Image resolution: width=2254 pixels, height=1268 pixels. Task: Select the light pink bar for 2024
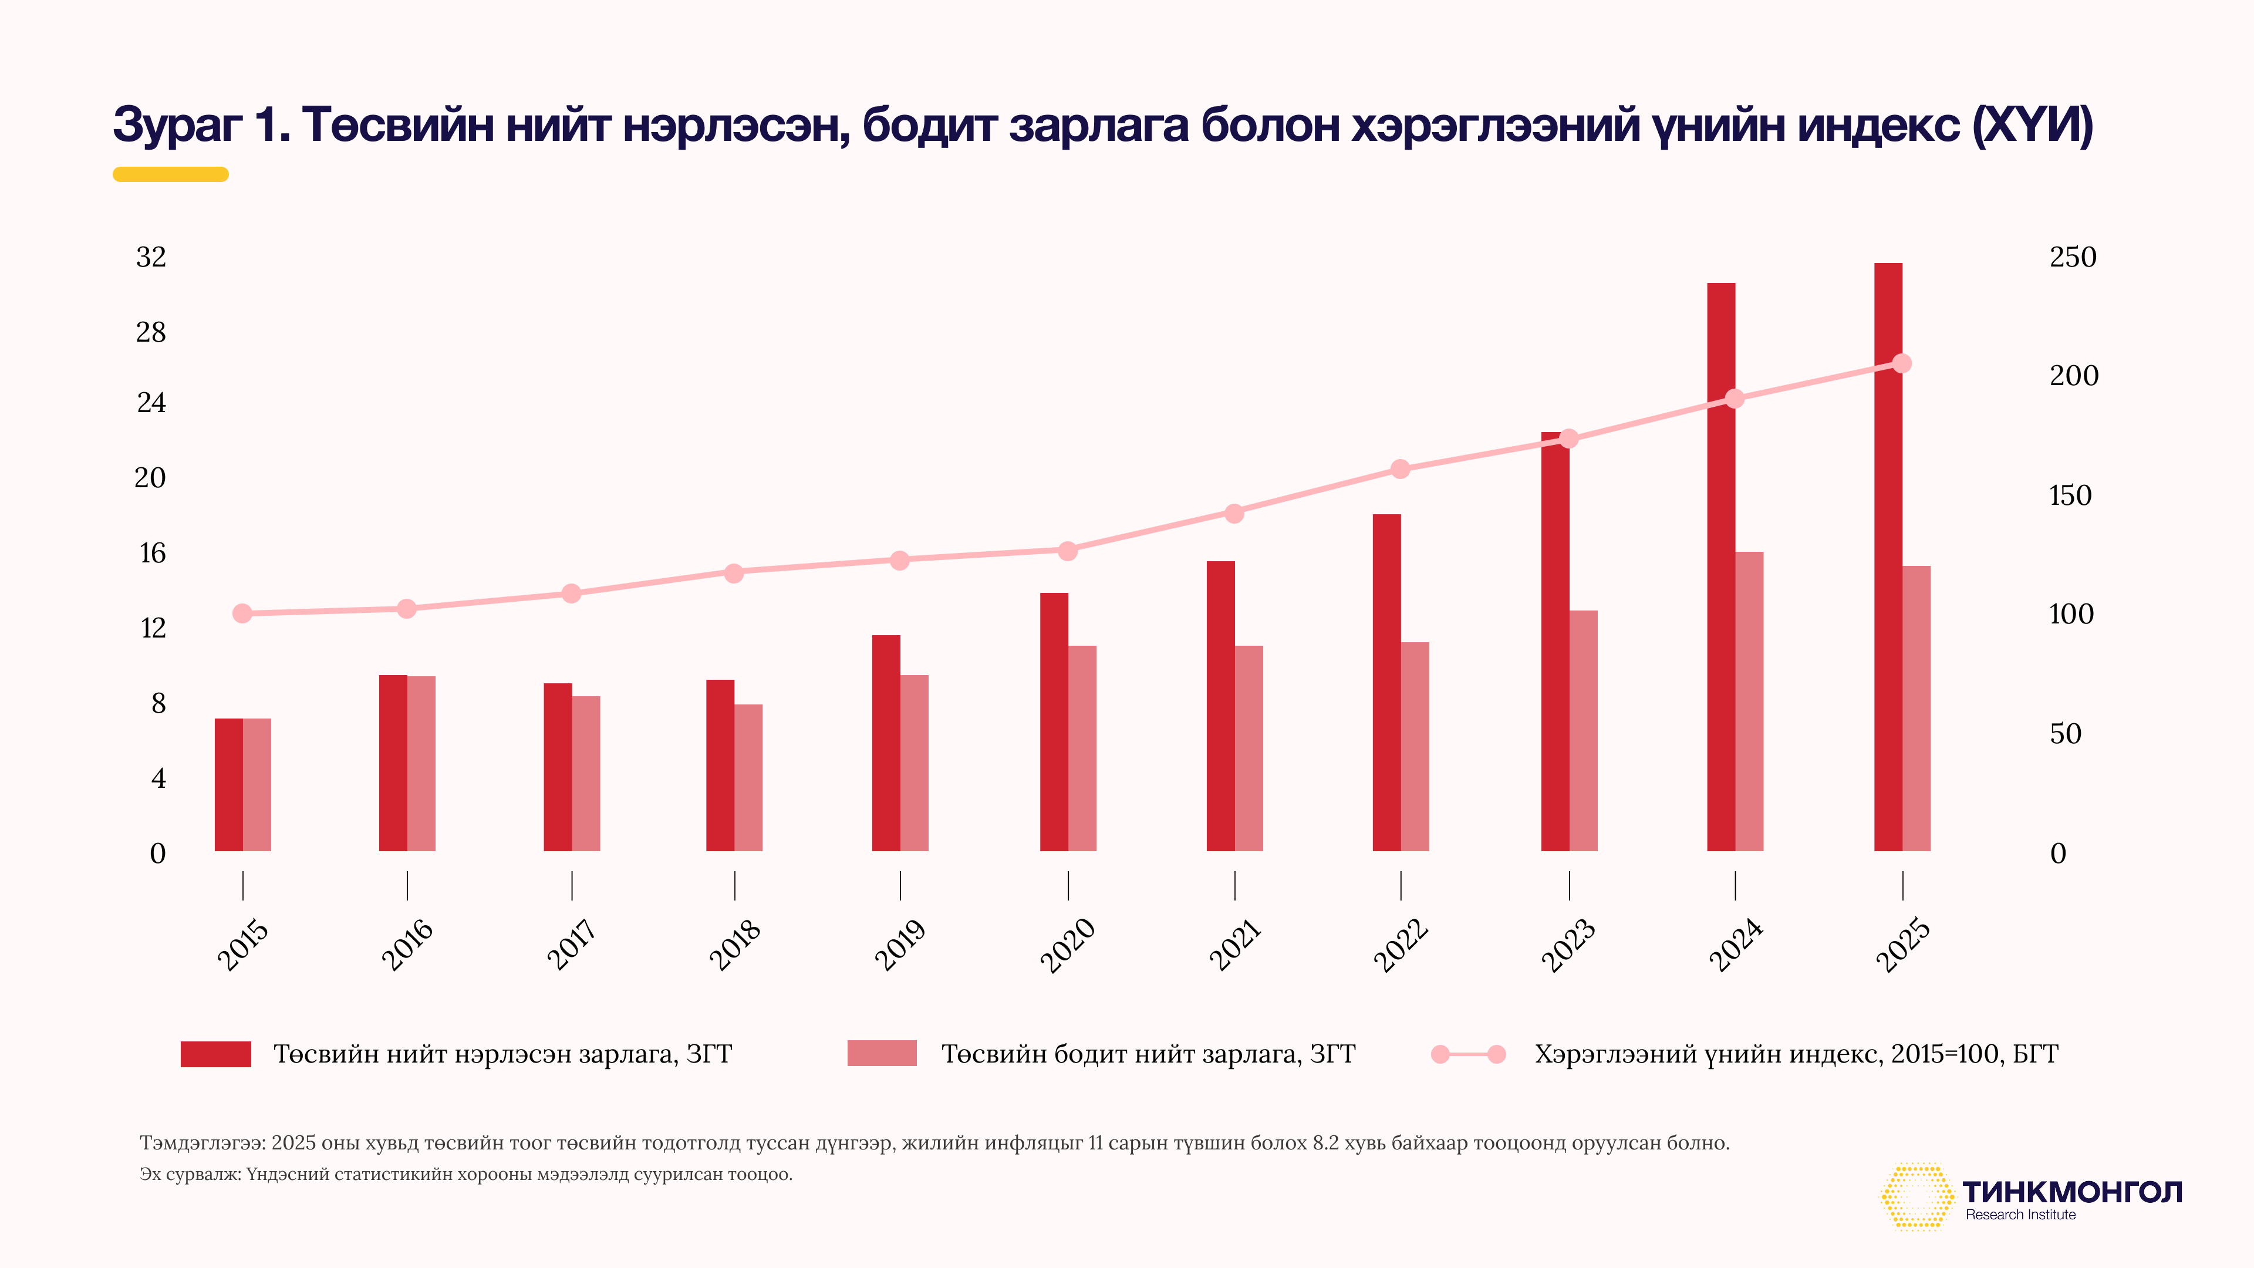pos(1749,701)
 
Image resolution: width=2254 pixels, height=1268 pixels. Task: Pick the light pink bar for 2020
pos(1082,748)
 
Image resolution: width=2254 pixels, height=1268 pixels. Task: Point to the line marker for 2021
pos(1234,514)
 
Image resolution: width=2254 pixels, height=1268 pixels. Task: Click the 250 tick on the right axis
pos(2073,257)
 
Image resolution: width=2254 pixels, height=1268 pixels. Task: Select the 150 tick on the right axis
pos(2070,496)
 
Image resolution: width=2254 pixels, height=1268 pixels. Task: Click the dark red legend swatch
pos(215,1054)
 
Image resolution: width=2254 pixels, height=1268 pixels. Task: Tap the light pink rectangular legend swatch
pos(882,1054)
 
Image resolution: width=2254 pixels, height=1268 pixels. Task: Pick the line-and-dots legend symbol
pos(1468,1054)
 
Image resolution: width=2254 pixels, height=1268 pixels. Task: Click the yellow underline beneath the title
pos(171,174)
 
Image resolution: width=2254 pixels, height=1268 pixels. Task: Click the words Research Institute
pos(2020,1215)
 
